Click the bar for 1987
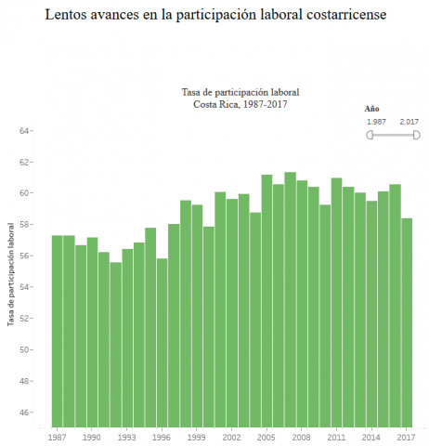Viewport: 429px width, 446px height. pos(57,332)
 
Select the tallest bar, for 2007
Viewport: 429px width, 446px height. pos(290,300)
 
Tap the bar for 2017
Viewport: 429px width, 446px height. pos(407,323)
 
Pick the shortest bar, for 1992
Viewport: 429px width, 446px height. pos(115,345)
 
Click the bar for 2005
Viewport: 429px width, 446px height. pos(266,301)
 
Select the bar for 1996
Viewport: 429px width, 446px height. pos(162,343)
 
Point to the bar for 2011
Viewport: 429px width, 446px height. pos(336,303)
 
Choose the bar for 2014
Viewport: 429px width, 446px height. pos(371,314)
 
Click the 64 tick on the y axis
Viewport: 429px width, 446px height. pos(23,131)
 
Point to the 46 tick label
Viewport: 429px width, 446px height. pos(23,413)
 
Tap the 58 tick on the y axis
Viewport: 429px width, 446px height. pos(23,225)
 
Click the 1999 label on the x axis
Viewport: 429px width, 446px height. pos(196,437)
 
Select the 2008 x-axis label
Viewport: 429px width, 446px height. pos(301,437)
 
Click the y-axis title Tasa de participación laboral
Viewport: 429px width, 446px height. pos(11,274)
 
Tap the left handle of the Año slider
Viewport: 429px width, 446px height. pos(370,136)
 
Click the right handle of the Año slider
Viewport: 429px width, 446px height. pos(417,136)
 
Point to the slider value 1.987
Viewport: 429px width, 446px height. pos(376,122)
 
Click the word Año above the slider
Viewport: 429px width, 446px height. pos(371,109)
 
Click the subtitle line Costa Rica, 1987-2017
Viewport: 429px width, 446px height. pos(240,104)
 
